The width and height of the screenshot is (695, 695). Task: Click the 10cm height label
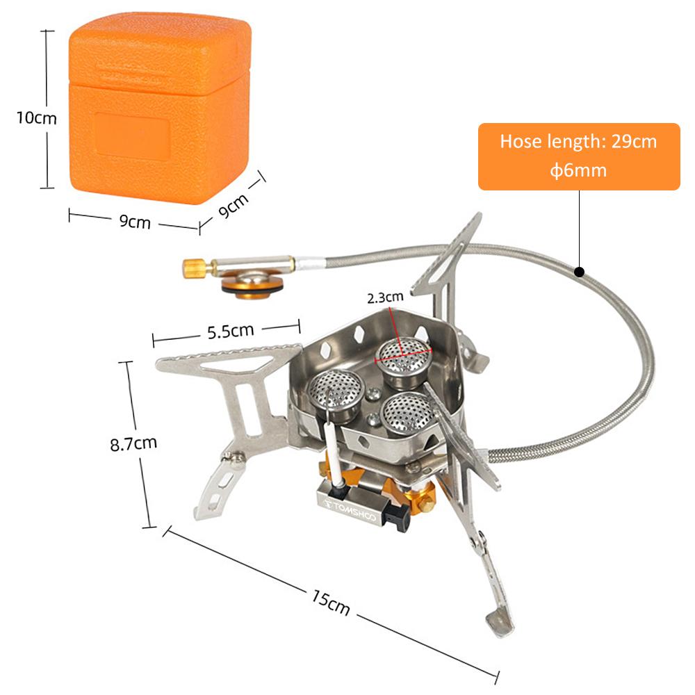click(37, 117)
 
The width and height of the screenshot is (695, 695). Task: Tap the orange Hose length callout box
click(578, 156)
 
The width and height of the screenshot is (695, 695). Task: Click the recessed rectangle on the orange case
click(132, 136)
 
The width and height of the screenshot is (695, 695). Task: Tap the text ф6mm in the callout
click(578, 170)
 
